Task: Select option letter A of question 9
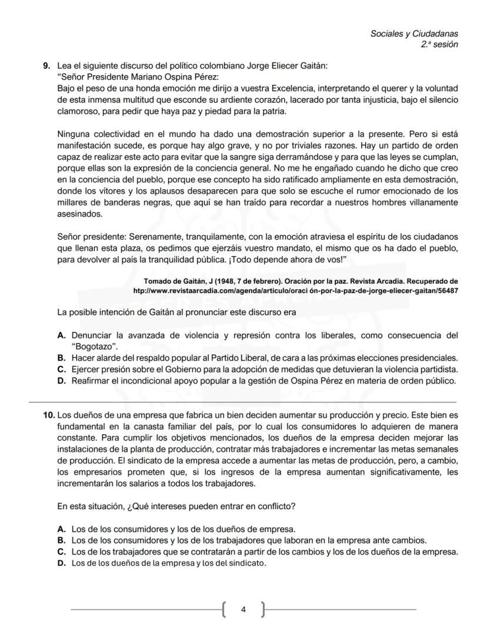pos(61,336)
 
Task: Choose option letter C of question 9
pos(61,369)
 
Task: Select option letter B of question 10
pos(61,540)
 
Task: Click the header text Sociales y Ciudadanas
pos(414,34)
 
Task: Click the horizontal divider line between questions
pos(243,401)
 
